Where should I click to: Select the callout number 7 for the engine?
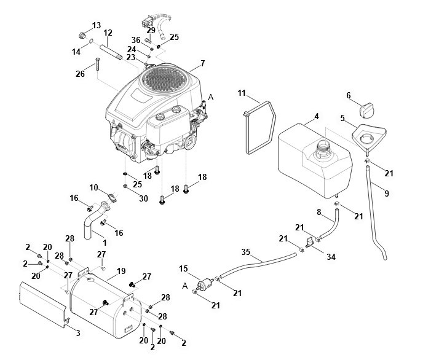pos(202,63)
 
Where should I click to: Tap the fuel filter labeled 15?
pos(206,283)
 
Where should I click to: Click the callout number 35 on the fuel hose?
pos(246,251)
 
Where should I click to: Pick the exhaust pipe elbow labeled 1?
pos(92,220)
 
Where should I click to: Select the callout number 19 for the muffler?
pos(121,271)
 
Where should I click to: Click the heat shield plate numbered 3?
pos(42,303)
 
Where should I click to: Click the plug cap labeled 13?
pos(81,36)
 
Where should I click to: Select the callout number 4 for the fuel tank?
pos(317,116)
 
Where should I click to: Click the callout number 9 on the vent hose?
pos(387,194)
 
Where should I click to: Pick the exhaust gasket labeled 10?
pos(112,197)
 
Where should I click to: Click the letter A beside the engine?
pos(211,97)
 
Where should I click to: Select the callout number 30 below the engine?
pos(143,198)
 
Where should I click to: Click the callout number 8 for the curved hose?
pos(319,212)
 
